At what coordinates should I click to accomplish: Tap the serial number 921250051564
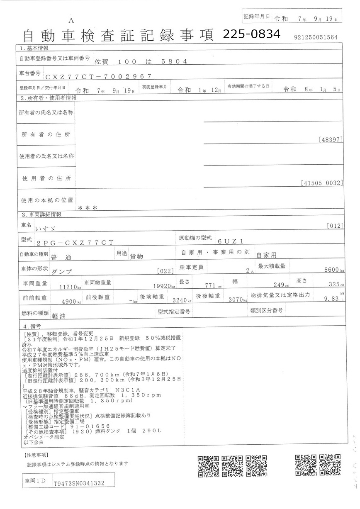(x=316, y=37)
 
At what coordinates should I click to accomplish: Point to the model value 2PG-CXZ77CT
(x=75, y=242)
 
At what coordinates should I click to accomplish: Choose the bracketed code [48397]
(x=331, y=140)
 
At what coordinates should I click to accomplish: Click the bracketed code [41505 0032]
(x=322, y=182)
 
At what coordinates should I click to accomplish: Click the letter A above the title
(x=71, y=20)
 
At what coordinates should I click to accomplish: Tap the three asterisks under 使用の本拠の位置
(x=88, y=208)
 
